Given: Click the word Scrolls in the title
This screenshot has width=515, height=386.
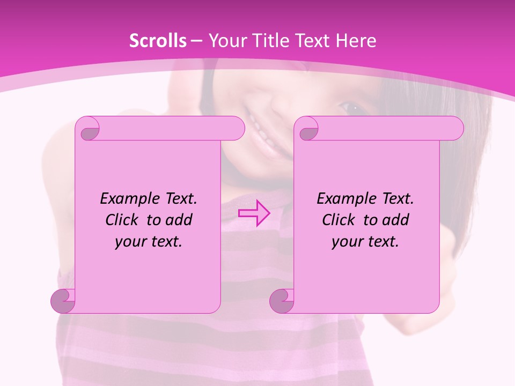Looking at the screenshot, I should (158, 41).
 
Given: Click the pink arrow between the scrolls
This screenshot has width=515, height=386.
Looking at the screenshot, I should (254, 213).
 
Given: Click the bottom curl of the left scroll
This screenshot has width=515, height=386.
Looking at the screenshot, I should (63, 301).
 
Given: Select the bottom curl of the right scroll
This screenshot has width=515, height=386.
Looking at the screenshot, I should (282, 301).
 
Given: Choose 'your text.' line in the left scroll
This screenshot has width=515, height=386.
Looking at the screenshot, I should (149, 241).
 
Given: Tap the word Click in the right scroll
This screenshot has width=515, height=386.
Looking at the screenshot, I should (339, 220).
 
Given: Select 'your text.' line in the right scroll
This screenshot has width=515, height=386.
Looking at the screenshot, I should (365, 241).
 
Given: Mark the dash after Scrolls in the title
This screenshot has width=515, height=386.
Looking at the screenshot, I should (196, 41).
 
